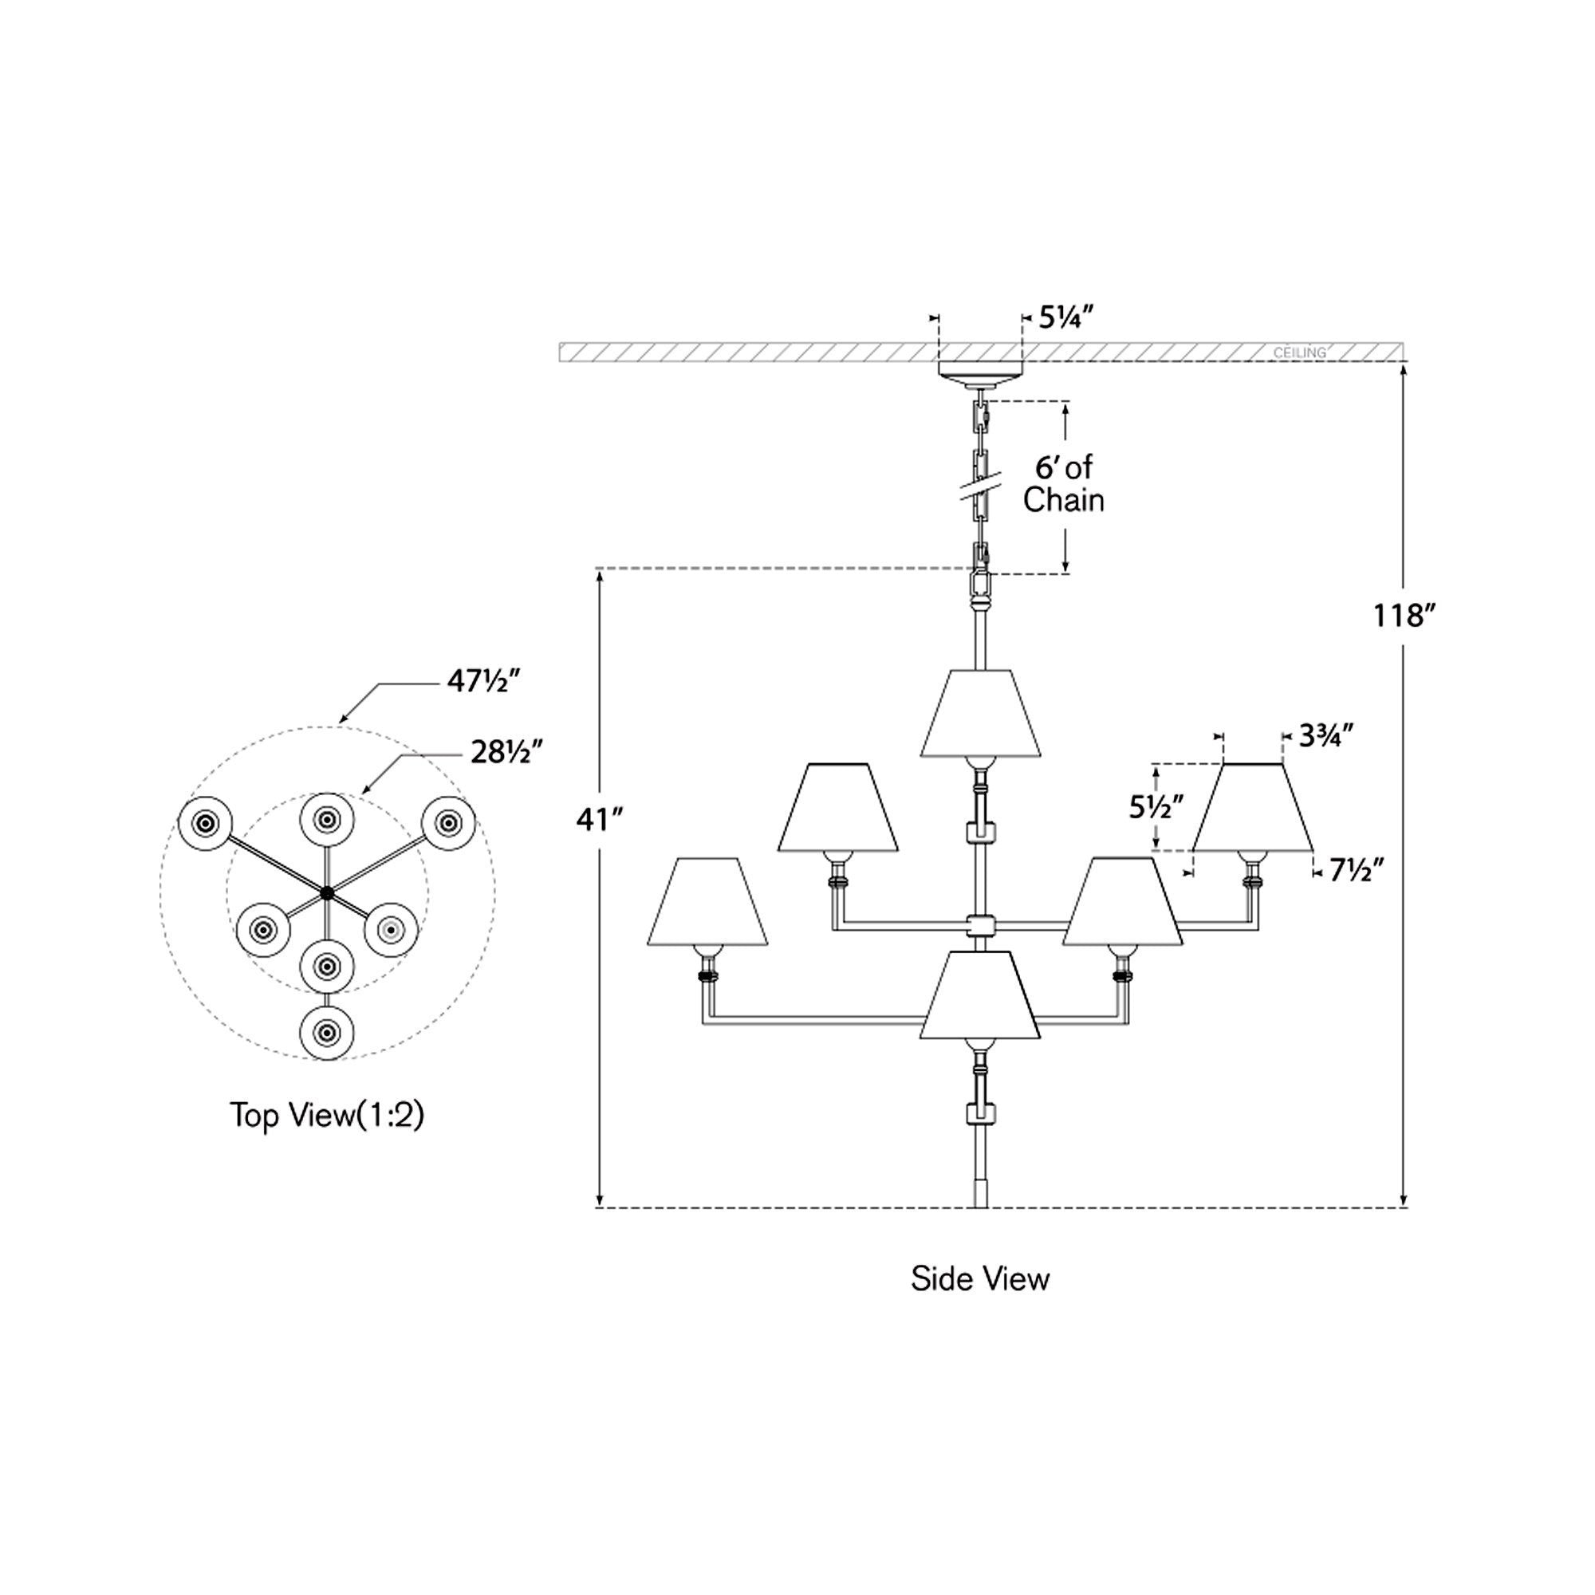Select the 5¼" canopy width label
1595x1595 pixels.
1065,317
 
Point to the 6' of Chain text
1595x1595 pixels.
1063,484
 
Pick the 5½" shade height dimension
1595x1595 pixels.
1156,806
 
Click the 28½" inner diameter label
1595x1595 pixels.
507,752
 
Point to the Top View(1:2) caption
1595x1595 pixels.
327,1116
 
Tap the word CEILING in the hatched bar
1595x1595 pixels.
1299,352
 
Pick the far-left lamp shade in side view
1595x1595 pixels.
707,901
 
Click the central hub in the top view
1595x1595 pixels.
328,892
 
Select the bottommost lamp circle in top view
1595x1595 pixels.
328,1032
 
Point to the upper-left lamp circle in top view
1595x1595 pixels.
206,823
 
